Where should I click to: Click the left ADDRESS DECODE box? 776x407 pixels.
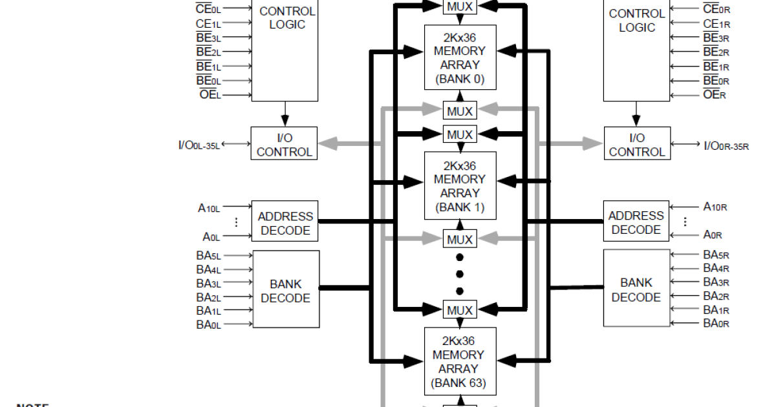tap(285, 224)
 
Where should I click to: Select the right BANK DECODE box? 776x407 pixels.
tap(636, 290)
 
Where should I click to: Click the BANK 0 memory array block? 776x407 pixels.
tap(460, 57)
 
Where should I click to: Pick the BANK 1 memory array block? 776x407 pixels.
tap(460, 185)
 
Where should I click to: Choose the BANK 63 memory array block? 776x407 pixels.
tap(460, 361)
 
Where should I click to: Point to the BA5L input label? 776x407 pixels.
tap(208, 255)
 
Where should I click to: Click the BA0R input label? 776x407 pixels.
tap(716, 323)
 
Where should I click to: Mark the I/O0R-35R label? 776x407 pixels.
tap(726, 145)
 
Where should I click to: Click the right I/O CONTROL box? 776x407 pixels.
tap(637, 145)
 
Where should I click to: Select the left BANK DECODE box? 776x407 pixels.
tap(286, 291)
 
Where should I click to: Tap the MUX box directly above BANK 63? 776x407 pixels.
tap(460, 310)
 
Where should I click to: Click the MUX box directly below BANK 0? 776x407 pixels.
tap(460, 111)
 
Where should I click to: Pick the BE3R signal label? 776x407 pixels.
tap(716, 37)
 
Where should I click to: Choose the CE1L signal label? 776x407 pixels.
tap(208, 23)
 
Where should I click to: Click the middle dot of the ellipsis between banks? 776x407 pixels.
tap(460, 274)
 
